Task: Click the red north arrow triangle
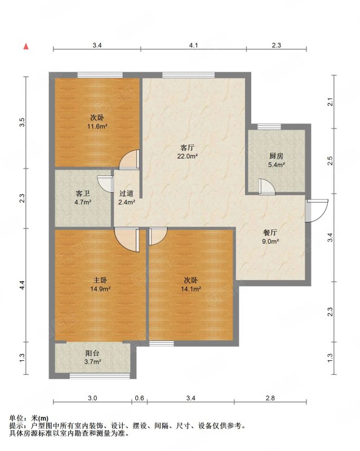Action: (26, 46)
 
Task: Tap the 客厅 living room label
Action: (187, 148)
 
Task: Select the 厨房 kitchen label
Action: (276, 156)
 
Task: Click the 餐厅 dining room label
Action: (270, 232)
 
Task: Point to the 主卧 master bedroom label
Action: (100, 280)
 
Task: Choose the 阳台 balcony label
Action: (92, 353)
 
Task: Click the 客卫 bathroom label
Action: (82, 193)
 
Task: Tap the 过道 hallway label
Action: (127, 193)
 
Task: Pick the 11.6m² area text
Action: (97, 126)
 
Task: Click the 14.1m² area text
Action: (191, 289)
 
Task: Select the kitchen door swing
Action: (266, 187)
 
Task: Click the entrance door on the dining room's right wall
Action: (316, 211)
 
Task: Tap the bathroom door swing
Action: (105, 184)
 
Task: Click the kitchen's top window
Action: (269, 126)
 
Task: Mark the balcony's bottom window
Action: (100, 375)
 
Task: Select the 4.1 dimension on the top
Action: (193, 45)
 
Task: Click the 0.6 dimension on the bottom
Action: (140, 398)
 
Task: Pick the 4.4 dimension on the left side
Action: (23, 285)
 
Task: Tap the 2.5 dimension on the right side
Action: (330, 161)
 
